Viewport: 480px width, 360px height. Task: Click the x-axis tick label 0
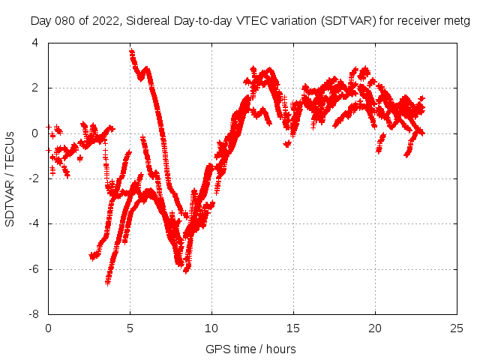(48, 328)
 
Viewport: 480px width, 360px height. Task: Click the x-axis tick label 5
(130, 328)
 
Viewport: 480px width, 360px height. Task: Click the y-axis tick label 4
(35, 43)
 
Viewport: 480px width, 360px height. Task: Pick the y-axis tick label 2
(35, 88)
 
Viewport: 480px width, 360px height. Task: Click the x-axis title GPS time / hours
(250, 349)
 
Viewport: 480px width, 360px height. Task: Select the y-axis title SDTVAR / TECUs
(10, 178)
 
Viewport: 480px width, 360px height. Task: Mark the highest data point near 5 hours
(131, 52)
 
